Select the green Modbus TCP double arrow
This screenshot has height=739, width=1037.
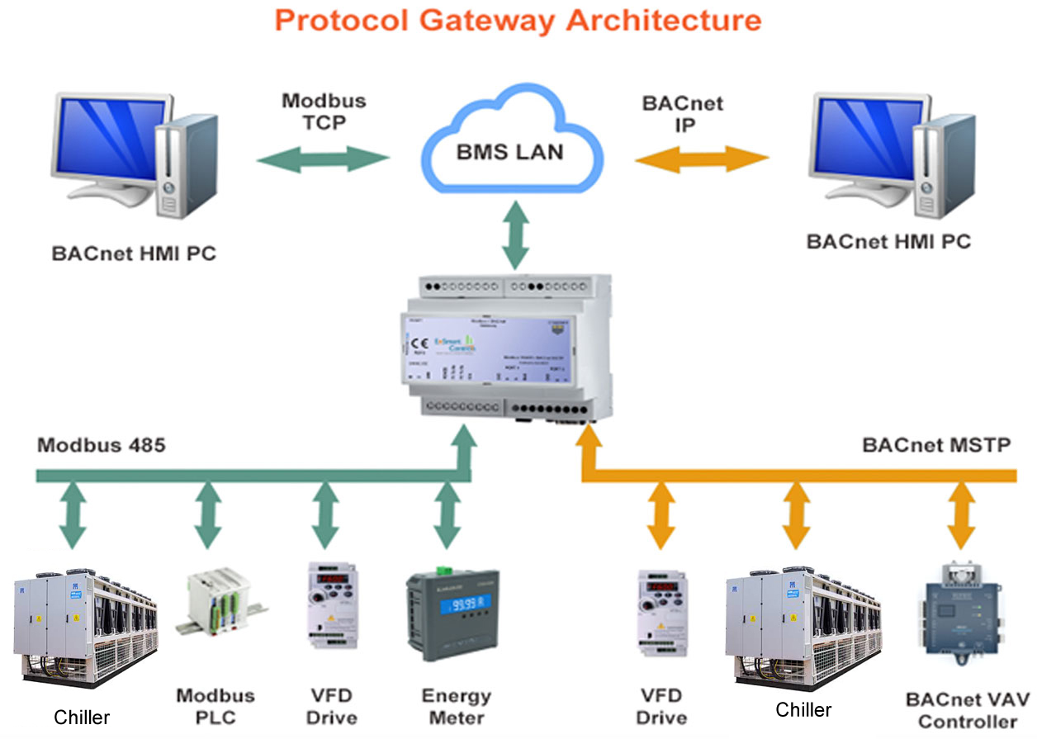click(322, 159)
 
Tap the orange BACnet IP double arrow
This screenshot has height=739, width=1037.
click(701, 159)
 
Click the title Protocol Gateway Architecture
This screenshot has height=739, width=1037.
click(518, 20)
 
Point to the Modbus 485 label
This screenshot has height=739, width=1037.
click(102, 445)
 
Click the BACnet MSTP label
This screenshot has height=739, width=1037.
click(936, 445)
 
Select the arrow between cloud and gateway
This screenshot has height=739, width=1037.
click(516, 238)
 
